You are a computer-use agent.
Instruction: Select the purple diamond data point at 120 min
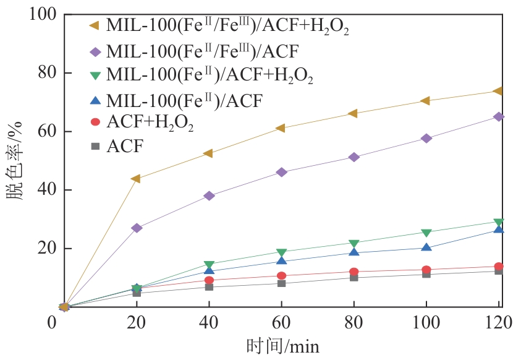click(x=499, y=116)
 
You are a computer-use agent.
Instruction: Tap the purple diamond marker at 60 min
click(x=281, y=172)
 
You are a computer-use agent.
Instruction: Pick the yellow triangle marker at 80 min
click(x=353, y=113)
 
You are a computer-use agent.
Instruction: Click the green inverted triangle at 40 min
click(x=209, y=265)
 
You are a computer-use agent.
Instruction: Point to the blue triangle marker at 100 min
click(x=426, y=247)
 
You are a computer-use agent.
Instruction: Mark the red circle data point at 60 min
click(x=281, y=276)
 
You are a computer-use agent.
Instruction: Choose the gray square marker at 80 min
click(x=354, y=277)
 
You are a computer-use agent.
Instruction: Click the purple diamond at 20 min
click(x=137, y=228)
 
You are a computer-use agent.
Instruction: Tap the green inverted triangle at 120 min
click(x=499, y=222)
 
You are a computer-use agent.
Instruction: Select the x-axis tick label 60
click(x=281, y=322)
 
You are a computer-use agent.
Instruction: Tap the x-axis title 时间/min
click(x=282, y=346)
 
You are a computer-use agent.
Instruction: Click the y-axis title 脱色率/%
click(x=15, y=161)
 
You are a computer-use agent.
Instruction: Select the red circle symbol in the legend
click(x=95, y=122)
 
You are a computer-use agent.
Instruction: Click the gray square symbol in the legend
click(x=95, y=146)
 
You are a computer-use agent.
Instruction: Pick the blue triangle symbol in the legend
click(x=95, y=100)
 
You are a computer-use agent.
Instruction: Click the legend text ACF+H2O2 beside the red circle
click(x=150, y=123)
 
